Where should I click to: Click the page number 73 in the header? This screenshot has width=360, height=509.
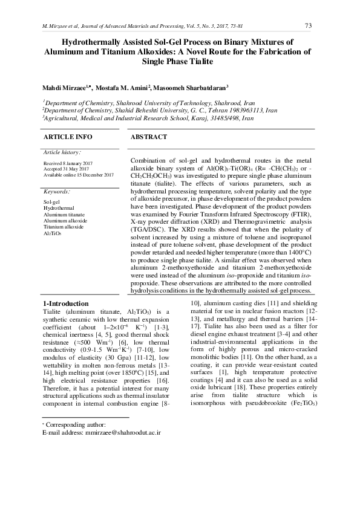point(308,25)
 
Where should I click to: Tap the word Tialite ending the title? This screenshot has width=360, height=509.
point(200,62)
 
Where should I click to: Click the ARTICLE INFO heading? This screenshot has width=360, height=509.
point(67,137)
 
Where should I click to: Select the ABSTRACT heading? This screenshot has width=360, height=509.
point(149,137)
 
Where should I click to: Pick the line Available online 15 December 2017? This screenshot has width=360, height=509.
point(79,175)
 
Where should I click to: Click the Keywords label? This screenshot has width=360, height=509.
point(56,191)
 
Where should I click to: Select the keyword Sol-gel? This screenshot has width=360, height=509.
point(51,202)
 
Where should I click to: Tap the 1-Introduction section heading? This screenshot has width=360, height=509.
point(65,303)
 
